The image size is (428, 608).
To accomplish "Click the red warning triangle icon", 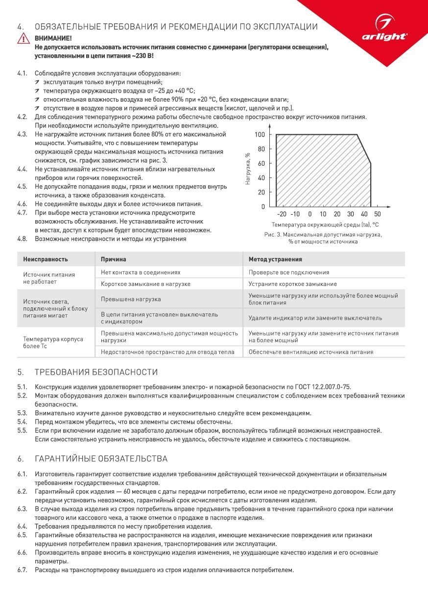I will (23, 39).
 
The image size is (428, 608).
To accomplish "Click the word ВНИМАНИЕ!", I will (53, 38).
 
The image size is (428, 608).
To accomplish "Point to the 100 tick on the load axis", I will (260, 135).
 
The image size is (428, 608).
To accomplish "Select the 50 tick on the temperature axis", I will (377, 214).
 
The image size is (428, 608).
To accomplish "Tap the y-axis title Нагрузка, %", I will (248, 168).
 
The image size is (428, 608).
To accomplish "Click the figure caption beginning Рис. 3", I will (323, 238).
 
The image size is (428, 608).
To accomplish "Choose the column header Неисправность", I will (46, 259).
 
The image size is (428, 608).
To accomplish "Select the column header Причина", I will (113, 259).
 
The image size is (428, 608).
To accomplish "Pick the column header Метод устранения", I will (275, 259).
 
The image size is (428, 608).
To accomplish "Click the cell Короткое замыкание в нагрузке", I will (145, 284).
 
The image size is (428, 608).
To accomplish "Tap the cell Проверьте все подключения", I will (289, 272).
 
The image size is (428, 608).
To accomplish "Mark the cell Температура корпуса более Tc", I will (53, 342).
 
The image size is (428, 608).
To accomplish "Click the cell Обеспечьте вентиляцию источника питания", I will (311, 352).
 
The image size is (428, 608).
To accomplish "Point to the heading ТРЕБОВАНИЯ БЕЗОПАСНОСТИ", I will (96, 372).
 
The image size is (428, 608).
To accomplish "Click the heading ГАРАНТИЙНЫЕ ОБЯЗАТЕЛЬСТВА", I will (101, 459).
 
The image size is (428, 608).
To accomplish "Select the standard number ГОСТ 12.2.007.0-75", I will (322, 387).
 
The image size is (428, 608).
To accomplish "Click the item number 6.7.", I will (22, 570).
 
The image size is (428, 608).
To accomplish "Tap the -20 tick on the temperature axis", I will (282, 214).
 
